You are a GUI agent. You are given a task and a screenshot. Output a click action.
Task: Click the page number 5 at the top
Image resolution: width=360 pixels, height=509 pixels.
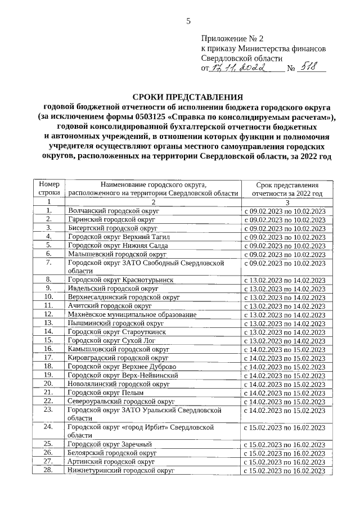[x=188, y=21]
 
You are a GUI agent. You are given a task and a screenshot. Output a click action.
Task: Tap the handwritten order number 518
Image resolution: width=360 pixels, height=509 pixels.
[x=312, y=68]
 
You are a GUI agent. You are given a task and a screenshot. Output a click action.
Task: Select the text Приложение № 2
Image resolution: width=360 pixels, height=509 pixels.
[x=232, y=39]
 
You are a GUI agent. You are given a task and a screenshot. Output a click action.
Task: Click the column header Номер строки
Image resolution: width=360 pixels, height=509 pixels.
[x=49, y=189]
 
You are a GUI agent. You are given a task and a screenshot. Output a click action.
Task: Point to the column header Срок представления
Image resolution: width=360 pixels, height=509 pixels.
[x=287, y=184]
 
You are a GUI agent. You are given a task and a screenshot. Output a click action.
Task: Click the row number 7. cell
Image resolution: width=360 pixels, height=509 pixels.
[x=49, y=263]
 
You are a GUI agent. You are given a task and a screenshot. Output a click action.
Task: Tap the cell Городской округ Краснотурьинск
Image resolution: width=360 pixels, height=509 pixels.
[x=121, y=280]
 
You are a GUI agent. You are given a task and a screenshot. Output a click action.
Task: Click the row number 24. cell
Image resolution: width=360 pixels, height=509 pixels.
[x=49, y=427]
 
